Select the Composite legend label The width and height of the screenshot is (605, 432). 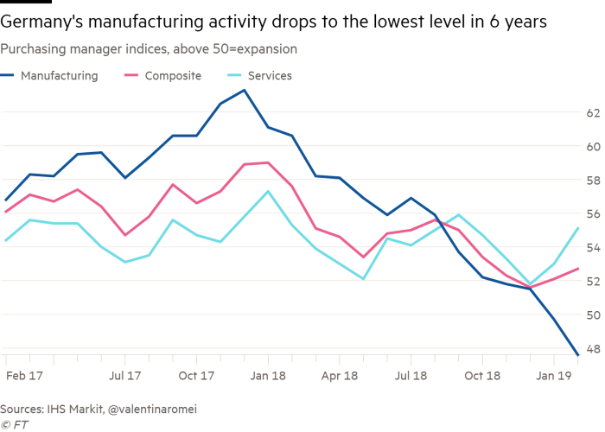click(174, 76)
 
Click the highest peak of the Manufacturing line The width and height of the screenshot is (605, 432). click(245, 89)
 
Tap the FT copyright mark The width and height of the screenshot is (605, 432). click(14, 422)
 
